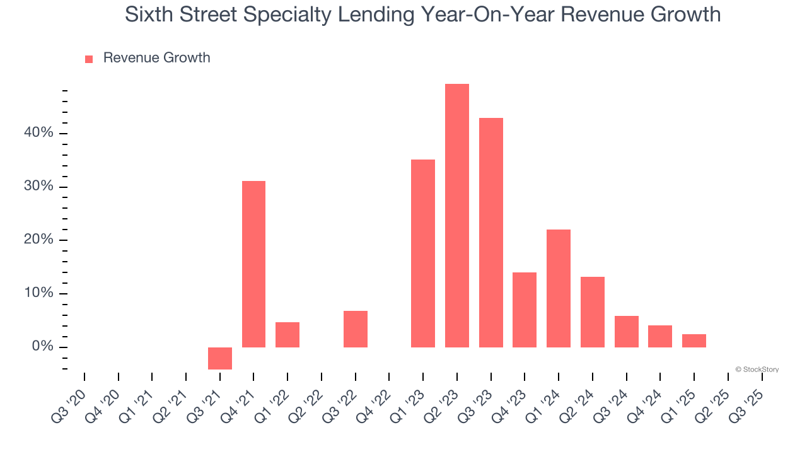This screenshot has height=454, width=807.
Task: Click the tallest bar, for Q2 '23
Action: click(x=457, y=216)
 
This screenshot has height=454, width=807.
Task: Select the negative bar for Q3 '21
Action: click(x=220, y=358)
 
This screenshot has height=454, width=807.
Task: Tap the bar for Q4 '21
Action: click(x=253, y=264)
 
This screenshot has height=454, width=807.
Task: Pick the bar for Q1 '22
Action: click(x=287, y=335)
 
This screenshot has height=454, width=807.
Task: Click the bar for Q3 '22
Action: click(x=356, y=329)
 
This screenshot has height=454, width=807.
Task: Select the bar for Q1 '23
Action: click(x=423, y=253)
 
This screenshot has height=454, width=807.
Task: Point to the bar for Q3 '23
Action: click(x=491, y=233)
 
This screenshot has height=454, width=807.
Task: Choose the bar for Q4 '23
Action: click(x=525, y=310)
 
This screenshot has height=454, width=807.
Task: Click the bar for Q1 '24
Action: click(x=559, y=288)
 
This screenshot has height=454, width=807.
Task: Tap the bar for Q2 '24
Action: click(x=593, y=312)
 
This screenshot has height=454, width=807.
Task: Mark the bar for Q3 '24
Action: click(x=627, y=332)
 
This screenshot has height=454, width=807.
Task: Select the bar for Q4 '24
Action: click(x=660, y=336)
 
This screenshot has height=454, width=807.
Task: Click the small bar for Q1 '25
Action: click(x=694, y=340)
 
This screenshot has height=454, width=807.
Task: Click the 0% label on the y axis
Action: click(x=43, y=347)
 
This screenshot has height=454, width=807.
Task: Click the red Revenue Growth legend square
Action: click(x=89, y=59)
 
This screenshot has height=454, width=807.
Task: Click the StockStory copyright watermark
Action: click(x=757, y=370)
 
